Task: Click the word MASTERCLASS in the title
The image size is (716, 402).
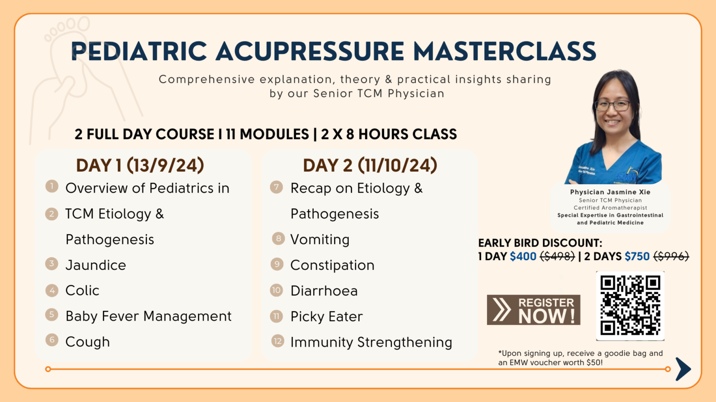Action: pyautogui.click(x=504, y=51)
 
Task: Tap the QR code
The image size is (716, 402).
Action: pyautogui.click(x=630, y=306)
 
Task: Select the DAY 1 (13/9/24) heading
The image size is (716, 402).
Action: pyautogui.click(x=140, y=165)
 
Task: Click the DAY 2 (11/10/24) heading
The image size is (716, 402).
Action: pyautogui.click(x=370, y=165)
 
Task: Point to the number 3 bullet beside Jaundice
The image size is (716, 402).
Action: pyautogui.click(x=51, y=264)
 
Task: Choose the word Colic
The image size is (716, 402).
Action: pyautogui.click(x=82, y=290)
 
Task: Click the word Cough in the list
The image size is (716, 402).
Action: pyautogui.click(x=88, y=342)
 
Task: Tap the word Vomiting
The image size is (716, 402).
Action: pyautogui.click(x=320, y=239)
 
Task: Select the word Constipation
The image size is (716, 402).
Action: pyautogui.click(x=332, y=265)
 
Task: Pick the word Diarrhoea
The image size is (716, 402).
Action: pyautogui.click(x=324, y=291)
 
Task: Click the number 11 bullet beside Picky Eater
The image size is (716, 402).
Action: pyautogui.click(x=276, y=316)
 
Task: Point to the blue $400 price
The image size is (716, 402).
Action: pyautogui.click(x=523, y=256)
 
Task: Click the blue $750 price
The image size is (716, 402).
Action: pyautogui.click(x=637, y=256)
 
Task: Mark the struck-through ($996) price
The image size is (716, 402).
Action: pyautogui.click(x=671, y=256)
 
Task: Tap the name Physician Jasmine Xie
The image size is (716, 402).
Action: pyautogui.click(x=610, y=192)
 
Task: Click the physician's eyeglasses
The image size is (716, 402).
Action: pyautogui.click(x=613, y=106)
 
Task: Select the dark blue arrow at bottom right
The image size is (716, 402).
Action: pyautogui.click(x=683, y=369)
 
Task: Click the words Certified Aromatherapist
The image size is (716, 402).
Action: pyautogui.click(x=610, y=208)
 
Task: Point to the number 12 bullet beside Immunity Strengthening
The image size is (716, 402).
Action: pyautogui.click(x=277, y=341)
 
